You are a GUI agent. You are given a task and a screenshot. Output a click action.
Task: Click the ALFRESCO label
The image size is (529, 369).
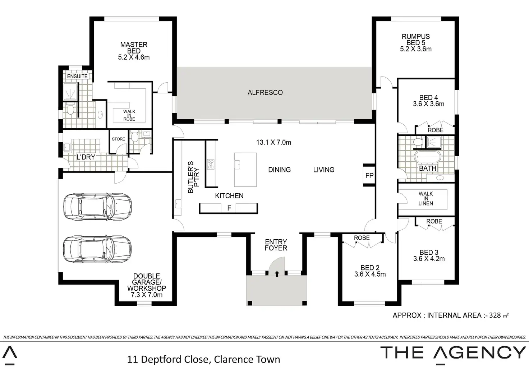(265, 92)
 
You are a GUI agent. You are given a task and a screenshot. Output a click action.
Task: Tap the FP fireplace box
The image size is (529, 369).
(369, 175)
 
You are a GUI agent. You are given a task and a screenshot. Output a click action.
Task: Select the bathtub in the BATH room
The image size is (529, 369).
(428, 157)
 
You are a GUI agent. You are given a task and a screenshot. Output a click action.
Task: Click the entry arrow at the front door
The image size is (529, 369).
(277, 274)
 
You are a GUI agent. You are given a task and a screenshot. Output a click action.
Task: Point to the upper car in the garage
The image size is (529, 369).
(97, 207)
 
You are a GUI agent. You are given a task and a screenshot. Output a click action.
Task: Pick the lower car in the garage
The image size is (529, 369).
(97, 249)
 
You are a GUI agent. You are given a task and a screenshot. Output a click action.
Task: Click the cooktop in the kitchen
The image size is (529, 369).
(211, 164)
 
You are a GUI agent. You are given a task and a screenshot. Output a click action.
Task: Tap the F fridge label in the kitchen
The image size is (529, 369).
(229, 208)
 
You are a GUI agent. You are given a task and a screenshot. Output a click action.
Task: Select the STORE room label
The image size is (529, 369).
(118, 139)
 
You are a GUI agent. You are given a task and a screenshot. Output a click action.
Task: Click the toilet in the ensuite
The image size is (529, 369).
(70, 109)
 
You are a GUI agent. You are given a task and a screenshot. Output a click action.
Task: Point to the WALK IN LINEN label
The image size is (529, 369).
(426, 199)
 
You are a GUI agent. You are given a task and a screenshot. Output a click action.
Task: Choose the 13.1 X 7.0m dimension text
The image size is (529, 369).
(273, 142)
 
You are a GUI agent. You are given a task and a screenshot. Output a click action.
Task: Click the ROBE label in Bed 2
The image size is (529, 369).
(362, 238)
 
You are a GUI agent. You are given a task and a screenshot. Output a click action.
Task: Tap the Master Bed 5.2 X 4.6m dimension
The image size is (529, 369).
(134, 57)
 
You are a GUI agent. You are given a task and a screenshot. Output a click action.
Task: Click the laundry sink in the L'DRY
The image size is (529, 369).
(67, 147)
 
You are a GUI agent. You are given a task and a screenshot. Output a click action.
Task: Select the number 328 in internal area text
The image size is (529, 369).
(495, 315)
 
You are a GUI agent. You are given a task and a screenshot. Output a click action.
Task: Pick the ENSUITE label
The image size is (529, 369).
(77, 76)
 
